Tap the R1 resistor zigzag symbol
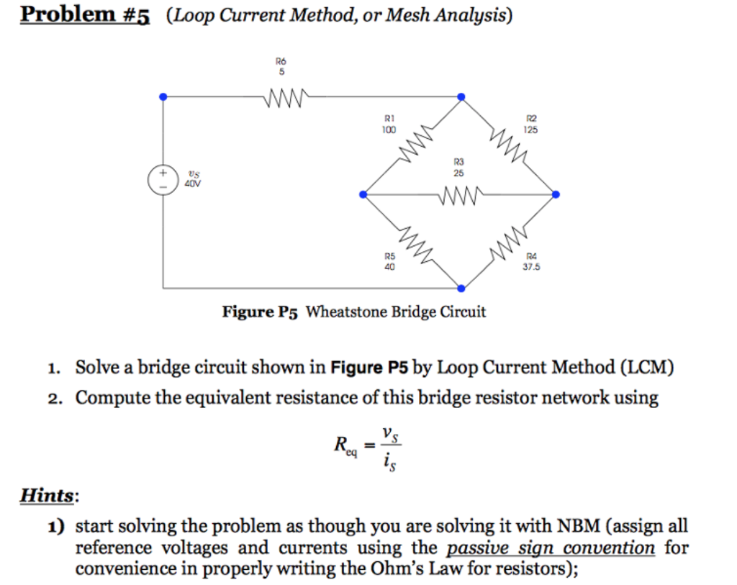click(x=415, y=142)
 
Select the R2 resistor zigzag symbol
click(x=507, y=143)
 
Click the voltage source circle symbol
click(x=163, y=179)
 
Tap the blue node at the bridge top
click(x=461, y=97)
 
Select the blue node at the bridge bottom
click(x=461, y=289)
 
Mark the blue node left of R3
click(x=363, y=194)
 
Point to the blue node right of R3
click(x=556, y=194)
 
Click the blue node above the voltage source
click(x=163, y=97)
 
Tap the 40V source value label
click(x=193, y=183)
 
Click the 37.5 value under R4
click(x=532, y=267)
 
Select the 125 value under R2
click(x=530, y=130)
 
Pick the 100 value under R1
click(x=389, y=130)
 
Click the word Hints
click(x=47, y=495)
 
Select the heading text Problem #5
click(x=85, y=14)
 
